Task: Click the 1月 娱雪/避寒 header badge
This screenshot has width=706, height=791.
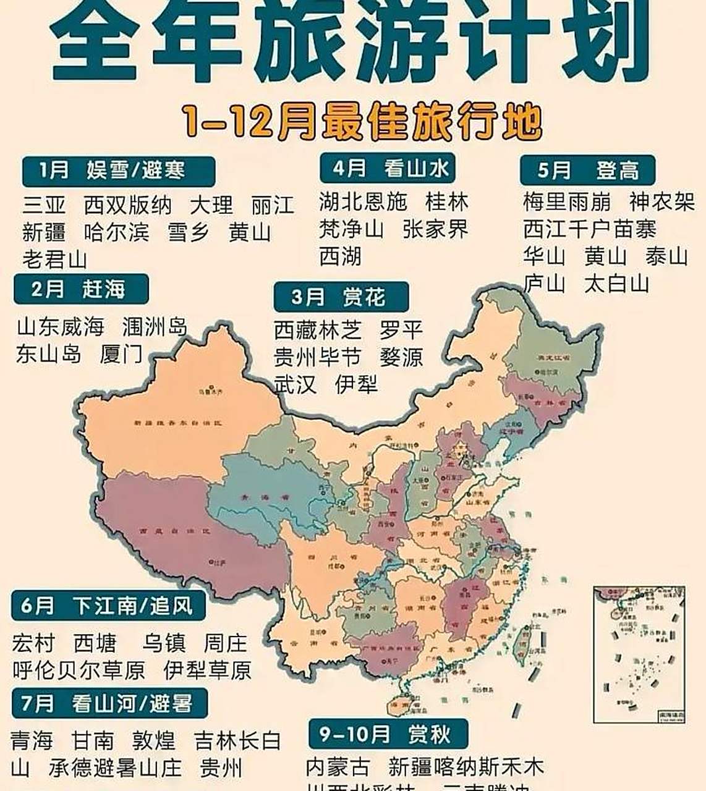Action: pyautogui.click(x=118, y=171)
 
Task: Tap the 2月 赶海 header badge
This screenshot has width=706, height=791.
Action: pyautogui.click(x=81, y=289)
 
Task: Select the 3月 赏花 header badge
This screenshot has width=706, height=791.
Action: pyautogui.click(x=341, y=297)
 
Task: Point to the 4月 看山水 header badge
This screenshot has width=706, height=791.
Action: pyautogui.click(x=388, y=168)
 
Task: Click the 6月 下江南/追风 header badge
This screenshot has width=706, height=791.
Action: pyautogui.click(x=108, y=606)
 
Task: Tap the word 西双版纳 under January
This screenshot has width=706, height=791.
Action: pyautogui.click(x=127, y=205)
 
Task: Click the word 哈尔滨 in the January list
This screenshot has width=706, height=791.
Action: pyautogui.click(x=116, y=232)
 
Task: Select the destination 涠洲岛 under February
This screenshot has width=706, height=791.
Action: pyautogui.click(x=155, y=326)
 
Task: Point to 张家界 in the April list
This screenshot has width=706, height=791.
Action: pyautogui.click(x=435, y=229)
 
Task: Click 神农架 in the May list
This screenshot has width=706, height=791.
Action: pyautogui.click(x=662, y=201)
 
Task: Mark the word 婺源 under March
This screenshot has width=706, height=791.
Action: pyautogui.click(x=401, y=357)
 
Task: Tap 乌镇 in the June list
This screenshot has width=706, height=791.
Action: pyautogui.click(x=164, y=643)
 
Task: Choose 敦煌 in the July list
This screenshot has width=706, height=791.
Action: pyautogui.click(x=153, y=740)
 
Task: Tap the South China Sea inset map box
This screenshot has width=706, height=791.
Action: pyautogui.click(x=639, y=654)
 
